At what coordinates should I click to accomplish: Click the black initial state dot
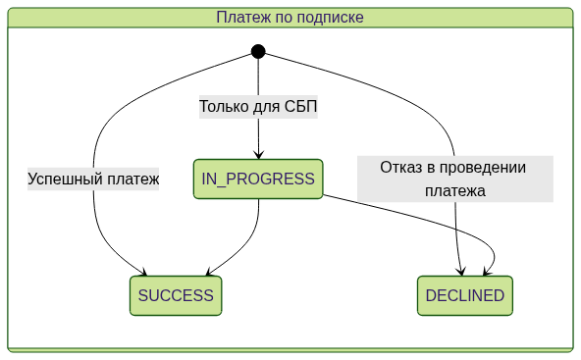[x=258, y=51]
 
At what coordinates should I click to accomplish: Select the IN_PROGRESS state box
[x=258, y=180]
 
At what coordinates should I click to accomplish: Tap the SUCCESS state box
[x=176, y=295]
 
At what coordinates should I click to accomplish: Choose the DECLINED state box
[x=465, y=295]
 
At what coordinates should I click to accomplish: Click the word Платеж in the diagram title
[x=242, y=18]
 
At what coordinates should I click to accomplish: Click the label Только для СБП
[x=258, y=106]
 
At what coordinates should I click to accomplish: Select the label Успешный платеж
[x=93, y=180]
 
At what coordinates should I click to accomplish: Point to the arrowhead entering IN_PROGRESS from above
[x=258, y=153]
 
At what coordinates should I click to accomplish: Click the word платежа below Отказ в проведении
[x=455, y=191]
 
